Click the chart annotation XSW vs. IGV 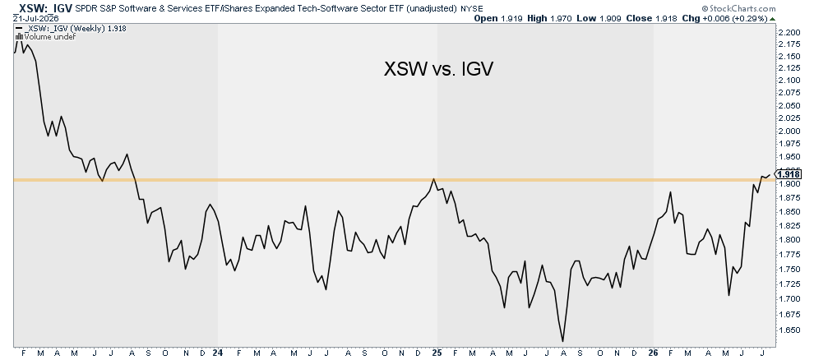coord(437,69)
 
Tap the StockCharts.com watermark coord(738,8)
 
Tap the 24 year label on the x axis coord(218,353)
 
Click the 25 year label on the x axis coord(437,353)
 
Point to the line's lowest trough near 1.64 coord(562,341)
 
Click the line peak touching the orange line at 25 coord(433,179)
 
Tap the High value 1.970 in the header coord(562,18)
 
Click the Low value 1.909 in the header coord(610,18)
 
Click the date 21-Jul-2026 coord(36,18)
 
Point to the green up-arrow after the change coord(772,19)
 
